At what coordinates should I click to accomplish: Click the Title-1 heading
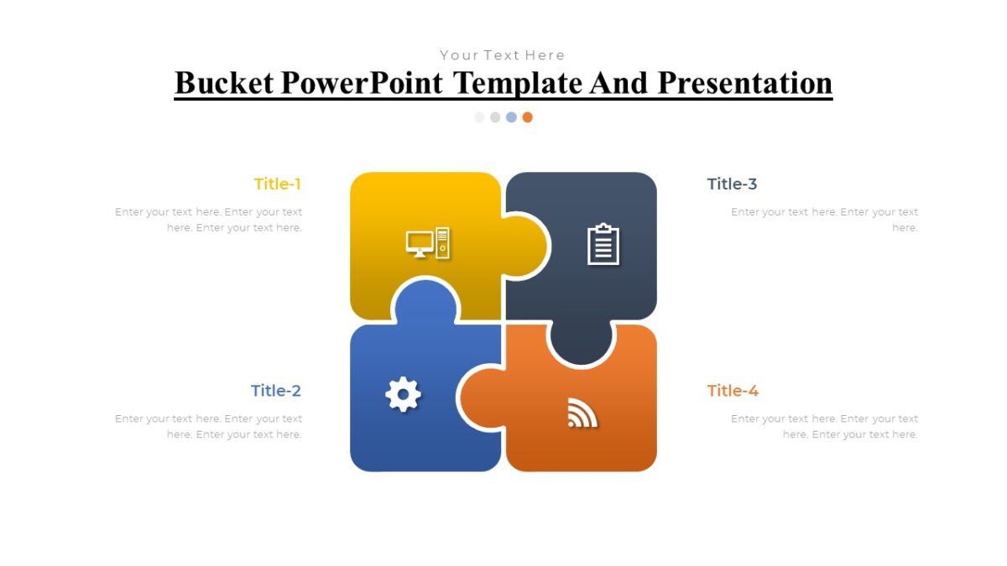pyautogui.click(x=277, y=184)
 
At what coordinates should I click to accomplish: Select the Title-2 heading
pyautogui.click(x=275, y=391)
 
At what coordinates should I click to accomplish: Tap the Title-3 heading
pyautogui.click(x=732, y=184)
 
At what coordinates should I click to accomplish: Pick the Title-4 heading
pyautogui.click(x=733, y=391)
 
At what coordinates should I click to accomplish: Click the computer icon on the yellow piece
pyautogui.click(x=428, y=243)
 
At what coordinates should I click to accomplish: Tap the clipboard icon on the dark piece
pyautogui.click(x=603, y=245)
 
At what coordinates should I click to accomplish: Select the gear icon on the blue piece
pyautogui.click(x=403, y=394)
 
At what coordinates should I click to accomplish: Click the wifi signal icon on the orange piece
pyautogui.click(x=582, y=413)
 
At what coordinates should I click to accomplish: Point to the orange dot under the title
pyautogui.click(x=527, y=117)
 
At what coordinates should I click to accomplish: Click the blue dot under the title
pyautogui.click(x=511, y=117)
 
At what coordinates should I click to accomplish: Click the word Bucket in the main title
pyautogui.click(x=224, y=83)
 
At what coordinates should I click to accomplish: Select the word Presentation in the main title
pyautogui.click(x=744, y=83)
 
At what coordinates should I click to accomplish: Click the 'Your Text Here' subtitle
pyautogui.click(x=503, y=55)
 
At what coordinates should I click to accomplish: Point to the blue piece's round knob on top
pyautogui.click(x=425, y=302)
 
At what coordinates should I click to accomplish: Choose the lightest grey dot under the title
pyautogui.click(x=480, y=117)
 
